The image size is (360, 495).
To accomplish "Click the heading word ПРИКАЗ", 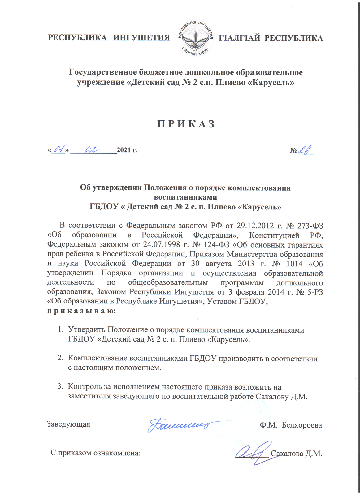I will point(186,124).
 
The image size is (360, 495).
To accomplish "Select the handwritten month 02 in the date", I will point(92,150).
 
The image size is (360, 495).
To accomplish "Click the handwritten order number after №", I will point(305,150).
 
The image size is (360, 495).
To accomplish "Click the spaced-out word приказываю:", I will point(81,311).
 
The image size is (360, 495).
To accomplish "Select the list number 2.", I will point(61,358).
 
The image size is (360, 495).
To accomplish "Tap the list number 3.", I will point(61,387).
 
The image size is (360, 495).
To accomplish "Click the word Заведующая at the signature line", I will point(68,424).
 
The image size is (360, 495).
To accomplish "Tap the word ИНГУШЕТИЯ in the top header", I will point(142,38).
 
